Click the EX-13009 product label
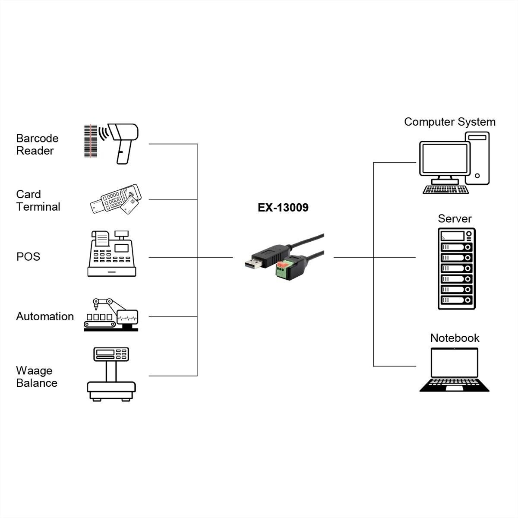(283, 208)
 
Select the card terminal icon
(116, 200)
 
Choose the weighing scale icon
(111, 374)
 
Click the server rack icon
(456, 268)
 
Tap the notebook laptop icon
(455, 370)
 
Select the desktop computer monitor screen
(445, 158)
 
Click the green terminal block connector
(282, 269)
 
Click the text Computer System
(449, 122)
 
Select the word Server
(455, 219)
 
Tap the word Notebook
(455, 338)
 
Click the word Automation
(45, 316)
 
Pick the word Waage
(34, 371)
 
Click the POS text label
(28, 256)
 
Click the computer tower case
(477, 158)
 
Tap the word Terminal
(38, 207)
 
